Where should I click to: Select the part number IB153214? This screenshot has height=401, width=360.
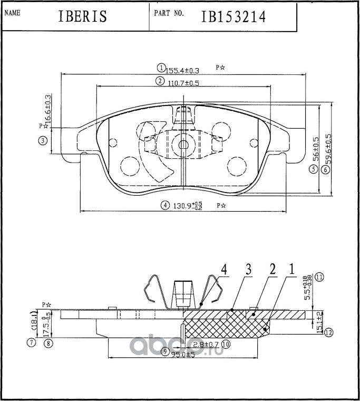[x=233, y=17]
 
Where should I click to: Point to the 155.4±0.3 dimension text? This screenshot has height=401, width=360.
[x=182, y=70]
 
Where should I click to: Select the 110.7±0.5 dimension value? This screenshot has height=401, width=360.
[x=184, y=82]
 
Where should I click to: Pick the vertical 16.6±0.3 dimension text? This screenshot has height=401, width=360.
[x=48, y=109]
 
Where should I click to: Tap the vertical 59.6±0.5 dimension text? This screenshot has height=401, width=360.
[x=329, y=149]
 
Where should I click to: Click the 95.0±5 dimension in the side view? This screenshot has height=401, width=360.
[x=182, y=354]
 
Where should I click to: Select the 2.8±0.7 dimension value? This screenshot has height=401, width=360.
[x=206, y=345]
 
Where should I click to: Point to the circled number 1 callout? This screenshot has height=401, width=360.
[x=161, y=68]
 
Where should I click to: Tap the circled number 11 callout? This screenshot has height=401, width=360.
[x=319, y=276]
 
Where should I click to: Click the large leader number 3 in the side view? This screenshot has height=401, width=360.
[x=248, y=270]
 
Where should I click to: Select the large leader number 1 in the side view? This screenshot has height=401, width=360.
[x=290, y=270]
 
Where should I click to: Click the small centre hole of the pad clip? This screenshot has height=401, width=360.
[x=183, y=144]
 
